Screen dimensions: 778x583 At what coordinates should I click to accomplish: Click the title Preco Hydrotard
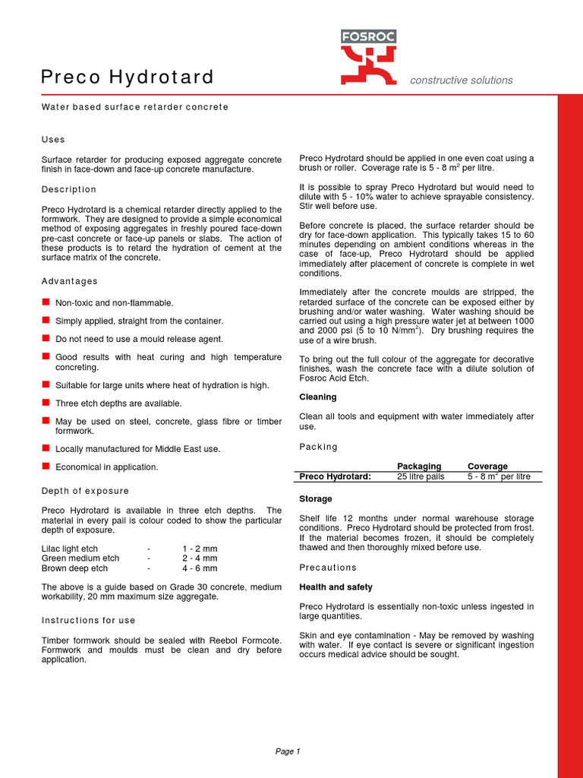127,77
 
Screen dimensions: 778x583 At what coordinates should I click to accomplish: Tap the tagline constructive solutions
461,81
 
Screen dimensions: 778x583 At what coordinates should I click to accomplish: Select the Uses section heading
53,140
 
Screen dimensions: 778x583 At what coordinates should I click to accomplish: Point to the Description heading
69,189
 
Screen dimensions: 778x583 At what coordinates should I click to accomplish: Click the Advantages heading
70,281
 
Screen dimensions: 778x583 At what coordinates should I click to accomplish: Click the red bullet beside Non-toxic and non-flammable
46,302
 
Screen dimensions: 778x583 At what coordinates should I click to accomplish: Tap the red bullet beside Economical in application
46,466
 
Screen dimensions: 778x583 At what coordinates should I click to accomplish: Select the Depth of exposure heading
85,491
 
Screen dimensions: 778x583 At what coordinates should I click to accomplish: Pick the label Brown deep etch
74,568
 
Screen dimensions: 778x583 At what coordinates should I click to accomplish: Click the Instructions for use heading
89,621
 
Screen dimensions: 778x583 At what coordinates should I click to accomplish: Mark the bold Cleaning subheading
318,397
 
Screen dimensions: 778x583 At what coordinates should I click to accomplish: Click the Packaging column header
419,466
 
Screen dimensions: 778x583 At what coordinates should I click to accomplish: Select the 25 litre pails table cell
421,476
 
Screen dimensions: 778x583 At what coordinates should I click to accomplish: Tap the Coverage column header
487,466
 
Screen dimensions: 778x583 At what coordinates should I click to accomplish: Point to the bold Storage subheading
316,499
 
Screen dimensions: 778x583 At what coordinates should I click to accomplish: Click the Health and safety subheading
336,587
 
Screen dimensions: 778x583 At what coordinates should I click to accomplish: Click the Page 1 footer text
288,751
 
